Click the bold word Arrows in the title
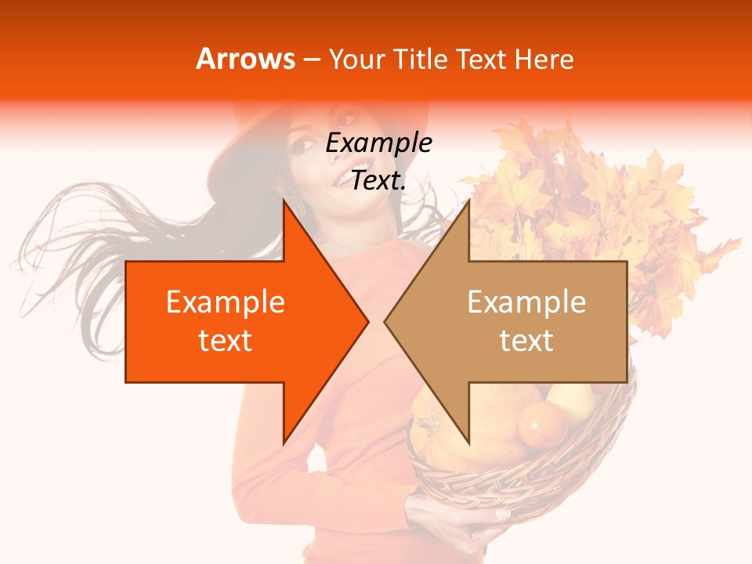246,59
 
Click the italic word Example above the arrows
378,143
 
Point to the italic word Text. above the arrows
378,180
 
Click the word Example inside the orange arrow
226,302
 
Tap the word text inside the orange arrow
226,341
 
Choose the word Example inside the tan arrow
526,302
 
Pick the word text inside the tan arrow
526,341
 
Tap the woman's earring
301,210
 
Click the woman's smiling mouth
342,181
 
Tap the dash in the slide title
311,60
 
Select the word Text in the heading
482,59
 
